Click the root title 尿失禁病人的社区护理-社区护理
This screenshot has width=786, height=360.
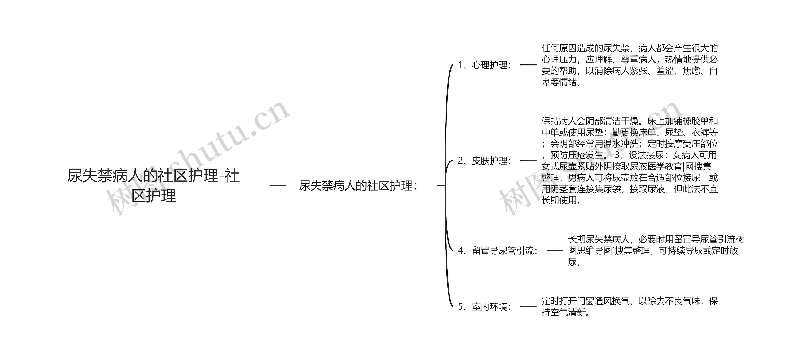click(x=154, y=186)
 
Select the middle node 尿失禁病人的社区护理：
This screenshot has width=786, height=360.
click(x=358, y=186)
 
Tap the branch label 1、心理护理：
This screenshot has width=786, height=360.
click(x=484, y=65)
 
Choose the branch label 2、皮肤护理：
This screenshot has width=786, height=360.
click(x=484, y=161)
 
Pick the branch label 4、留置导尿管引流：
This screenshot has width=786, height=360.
click(x=497, y=251)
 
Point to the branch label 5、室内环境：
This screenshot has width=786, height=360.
click(x=484, y=307)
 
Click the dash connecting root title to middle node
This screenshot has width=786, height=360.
click(x=278, y=186)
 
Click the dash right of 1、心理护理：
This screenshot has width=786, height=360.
click(x=528, y=65)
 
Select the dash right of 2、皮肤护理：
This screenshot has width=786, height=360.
click(x=528, y=161)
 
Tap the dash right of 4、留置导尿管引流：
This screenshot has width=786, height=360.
click(x=555, y=251)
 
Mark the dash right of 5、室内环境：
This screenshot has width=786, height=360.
click(x=528, y=307)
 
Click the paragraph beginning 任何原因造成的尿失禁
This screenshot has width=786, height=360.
click(x=629, y=65)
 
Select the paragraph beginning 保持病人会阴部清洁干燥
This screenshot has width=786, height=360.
click(x=629, y=161)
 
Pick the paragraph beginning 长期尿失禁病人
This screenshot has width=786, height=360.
click(x=656, y=251)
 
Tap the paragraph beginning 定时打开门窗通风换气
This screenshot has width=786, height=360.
click(x=629, y=307)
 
